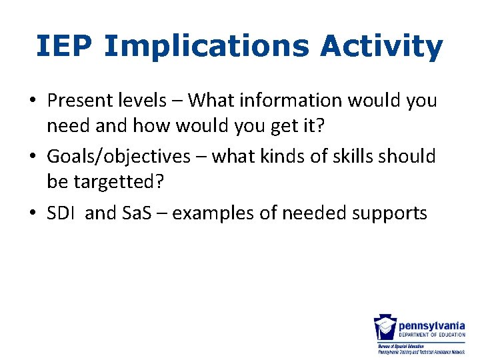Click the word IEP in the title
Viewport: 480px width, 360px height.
coord(65,47)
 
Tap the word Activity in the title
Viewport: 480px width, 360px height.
coord(381,47)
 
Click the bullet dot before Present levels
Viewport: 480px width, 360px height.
coord(32,101)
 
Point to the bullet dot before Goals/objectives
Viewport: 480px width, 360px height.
coord(32,157)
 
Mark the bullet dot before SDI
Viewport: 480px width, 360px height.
coord(32,213)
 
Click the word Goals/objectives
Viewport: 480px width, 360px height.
coord(119,157)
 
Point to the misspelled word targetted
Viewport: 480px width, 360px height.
coord(109,181)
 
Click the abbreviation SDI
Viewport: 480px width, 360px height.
coord(59,213)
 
